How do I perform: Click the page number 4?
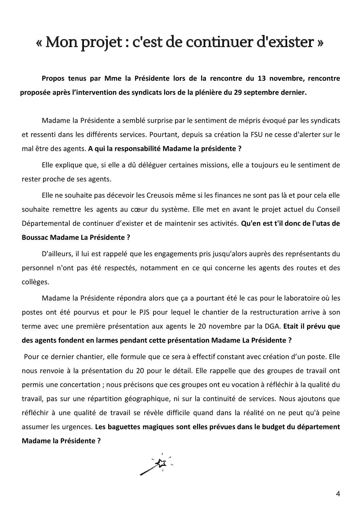(338, 494)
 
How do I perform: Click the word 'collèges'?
(34, 282)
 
